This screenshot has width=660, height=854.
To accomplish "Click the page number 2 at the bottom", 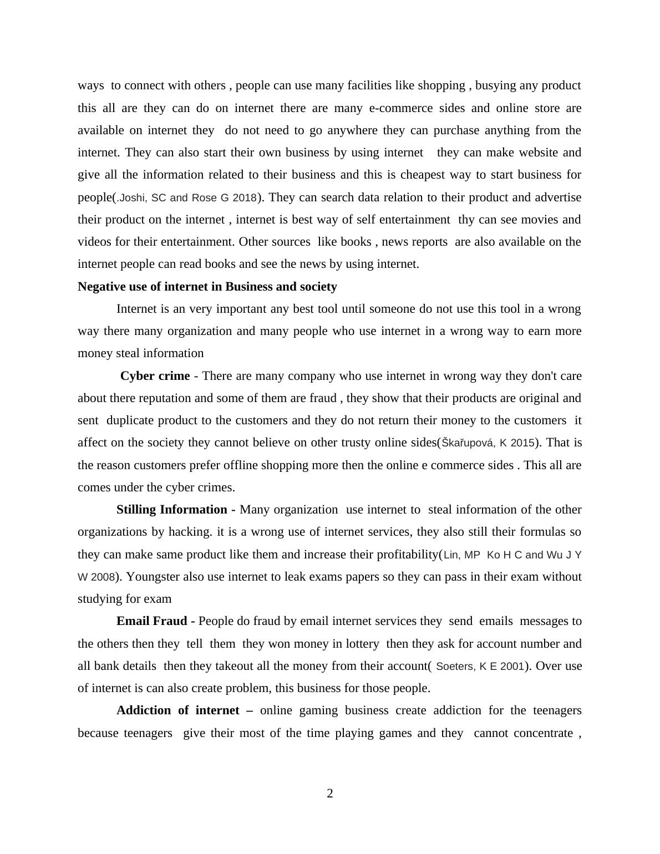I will coord(330,794).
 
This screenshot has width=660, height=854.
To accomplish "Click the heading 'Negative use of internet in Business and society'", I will coord(207,287).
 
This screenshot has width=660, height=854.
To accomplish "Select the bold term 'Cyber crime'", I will coord(155,376).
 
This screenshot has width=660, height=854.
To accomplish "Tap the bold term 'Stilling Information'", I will coord(172,510).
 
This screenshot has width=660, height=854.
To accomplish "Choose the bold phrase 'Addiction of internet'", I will coord(177,710).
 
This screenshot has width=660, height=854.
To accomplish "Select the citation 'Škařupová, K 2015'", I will coord(488,443).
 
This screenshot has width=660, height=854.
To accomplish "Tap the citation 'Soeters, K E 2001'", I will coord(480,666).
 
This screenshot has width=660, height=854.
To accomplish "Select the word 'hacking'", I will coord(190,532).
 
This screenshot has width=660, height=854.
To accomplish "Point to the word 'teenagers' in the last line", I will coord(148,733).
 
